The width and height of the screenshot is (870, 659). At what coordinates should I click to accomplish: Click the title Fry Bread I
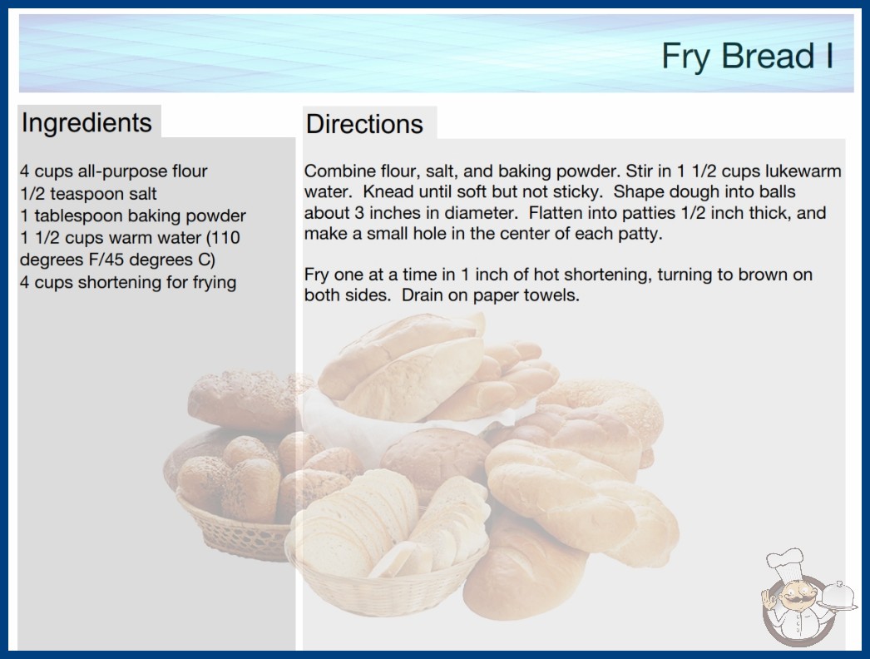(748, 57)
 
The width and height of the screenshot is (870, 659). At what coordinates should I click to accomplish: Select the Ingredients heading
(87, 123)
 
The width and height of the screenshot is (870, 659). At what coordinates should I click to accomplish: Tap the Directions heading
(364, 124)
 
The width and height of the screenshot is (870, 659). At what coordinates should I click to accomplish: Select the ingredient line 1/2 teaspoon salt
(88, 194)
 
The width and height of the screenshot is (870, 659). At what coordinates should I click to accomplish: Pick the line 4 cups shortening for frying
(128, 282)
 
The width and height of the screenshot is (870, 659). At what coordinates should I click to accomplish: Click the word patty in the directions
(640, 235)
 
